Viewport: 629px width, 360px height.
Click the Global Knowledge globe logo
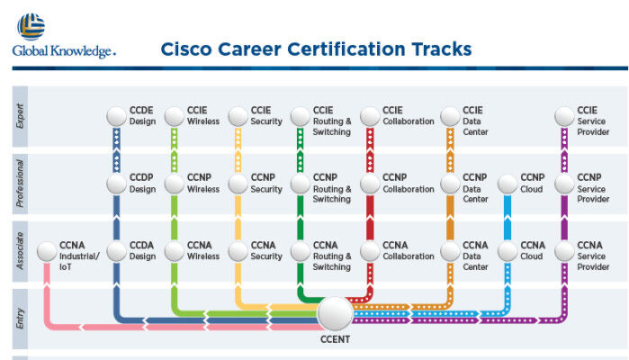coord(31,27)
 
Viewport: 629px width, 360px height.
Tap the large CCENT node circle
coord(335,313)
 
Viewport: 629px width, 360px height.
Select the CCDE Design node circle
coord(116,117)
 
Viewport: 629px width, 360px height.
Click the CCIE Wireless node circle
coord(174,117)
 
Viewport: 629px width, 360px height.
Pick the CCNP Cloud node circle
coord(508,184)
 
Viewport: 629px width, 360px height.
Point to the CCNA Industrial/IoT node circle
coord(47,252)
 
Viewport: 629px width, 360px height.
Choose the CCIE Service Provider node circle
coord(564,117)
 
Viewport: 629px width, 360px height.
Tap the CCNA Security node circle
coord(238,252)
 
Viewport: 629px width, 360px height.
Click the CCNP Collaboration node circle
coord(370,184)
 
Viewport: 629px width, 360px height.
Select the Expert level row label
coord(20,116)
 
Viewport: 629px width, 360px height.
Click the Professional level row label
coord(20,184)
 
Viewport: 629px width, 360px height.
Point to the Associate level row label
coord(20,251)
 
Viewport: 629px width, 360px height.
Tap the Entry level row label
coord(20,319)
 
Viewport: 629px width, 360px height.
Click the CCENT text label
coord(335,339)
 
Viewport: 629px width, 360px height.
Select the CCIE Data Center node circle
coord(450,117)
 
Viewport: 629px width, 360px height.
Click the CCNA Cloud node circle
coord(508,252)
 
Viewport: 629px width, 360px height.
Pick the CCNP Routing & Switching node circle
coord(300,184)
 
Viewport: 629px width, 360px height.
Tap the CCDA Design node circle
coord(116,252)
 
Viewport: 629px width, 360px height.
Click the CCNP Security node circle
coord(238,184)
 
